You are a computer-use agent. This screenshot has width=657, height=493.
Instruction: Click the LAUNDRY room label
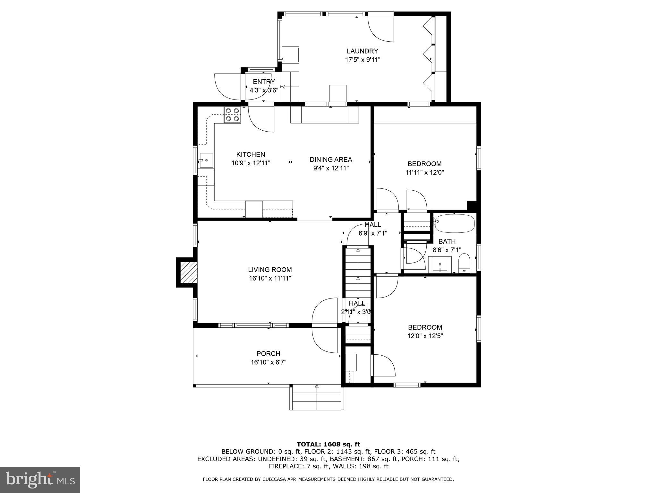point(362,51)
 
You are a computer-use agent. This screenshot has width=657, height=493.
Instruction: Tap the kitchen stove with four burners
point(232,115)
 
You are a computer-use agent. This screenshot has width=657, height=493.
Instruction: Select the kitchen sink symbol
point(206,160)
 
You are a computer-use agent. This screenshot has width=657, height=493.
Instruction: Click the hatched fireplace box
point(188,272)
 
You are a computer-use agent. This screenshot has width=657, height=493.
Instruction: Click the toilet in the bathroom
point(464,263)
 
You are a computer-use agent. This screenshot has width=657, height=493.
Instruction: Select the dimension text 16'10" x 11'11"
point(270,278)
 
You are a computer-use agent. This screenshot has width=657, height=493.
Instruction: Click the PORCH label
point(268,354)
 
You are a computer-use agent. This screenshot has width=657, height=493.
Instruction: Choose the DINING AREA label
point(331,160)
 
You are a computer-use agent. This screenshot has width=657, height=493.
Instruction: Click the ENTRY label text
point(264,82)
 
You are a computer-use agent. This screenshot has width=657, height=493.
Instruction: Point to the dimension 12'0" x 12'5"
point(425,336)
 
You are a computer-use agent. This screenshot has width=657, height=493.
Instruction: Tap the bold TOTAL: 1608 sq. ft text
point(328,444)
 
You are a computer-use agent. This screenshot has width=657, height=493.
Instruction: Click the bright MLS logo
point(40,480)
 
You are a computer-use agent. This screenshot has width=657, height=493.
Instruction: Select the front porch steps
point(317,398)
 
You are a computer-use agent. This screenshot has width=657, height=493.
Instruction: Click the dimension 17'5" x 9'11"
point(363,60)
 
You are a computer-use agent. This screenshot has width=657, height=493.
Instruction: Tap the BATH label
point(447,241)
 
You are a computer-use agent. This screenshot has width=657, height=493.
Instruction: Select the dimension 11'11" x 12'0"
point(424,172)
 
